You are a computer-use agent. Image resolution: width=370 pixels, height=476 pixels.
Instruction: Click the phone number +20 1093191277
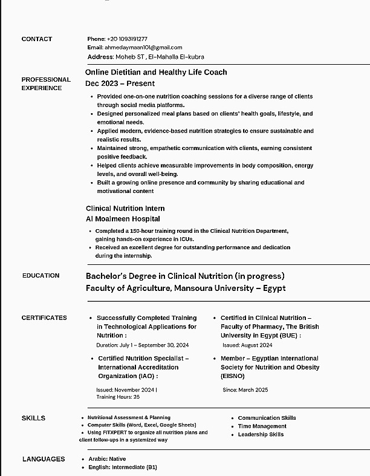click(x=127, y=39)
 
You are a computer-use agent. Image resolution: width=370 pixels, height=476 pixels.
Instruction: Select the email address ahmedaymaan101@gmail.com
click(x=143, y=47)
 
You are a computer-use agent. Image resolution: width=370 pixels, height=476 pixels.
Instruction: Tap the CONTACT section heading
click(x=37, y=39)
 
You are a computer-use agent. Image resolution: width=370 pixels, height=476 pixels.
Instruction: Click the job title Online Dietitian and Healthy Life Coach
click(x=156, y=72)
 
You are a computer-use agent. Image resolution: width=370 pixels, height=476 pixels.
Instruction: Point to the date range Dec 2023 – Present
click(x=120, y=83)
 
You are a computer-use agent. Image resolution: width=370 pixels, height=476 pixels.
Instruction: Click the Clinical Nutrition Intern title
click(x=125, y=208)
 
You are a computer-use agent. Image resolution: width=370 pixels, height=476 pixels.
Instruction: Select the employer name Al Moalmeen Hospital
click(x=123, y=219)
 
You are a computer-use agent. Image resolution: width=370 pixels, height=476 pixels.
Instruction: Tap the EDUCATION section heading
click(x=41, y=275)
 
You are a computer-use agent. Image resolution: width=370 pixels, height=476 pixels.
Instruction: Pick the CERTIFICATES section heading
click(x=44, y=318)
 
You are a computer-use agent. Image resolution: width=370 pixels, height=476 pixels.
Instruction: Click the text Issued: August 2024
click(x=247, y=345)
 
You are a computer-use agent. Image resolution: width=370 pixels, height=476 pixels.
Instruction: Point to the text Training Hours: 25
click(x=118, y=397)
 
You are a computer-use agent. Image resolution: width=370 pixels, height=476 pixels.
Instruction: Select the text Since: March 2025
click(x=245, y=390)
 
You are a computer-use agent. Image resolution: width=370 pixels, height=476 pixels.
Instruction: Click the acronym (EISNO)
click(x=233, y=376)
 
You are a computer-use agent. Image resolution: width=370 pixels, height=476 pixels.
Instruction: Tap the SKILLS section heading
click(x=33, y=418)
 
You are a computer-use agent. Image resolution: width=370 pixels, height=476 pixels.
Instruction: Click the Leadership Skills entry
click(x=261, y=434)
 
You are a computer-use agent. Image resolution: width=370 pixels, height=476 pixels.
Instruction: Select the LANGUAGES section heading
click(x=44, y=459)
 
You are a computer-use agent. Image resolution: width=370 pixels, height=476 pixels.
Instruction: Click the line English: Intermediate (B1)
click(x=123, y=467)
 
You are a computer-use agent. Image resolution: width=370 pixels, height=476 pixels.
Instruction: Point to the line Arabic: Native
click(x=107, y=459)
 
